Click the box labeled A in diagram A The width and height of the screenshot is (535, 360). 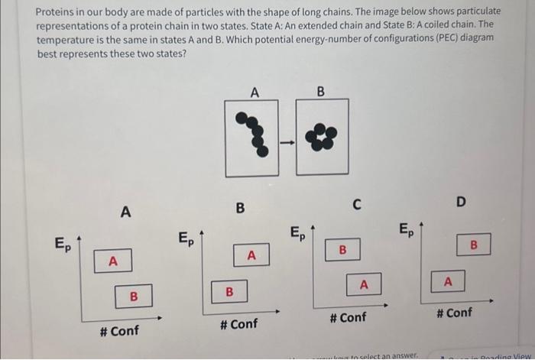[113, 261]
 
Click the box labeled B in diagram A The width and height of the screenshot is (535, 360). [133, 295]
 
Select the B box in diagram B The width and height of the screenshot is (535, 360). [229, 292]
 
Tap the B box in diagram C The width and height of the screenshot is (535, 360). [342, 250]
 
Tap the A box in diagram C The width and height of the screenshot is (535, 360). [364, 284]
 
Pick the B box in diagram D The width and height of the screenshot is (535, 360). [472, 245]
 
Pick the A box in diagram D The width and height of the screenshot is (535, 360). [449, 282]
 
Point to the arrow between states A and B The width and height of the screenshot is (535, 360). [286, 141]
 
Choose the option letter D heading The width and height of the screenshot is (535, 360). [460, 201]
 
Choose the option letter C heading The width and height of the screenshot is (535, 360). [356, 203]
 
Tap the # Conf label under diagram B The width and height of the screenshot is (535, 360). [238, 324]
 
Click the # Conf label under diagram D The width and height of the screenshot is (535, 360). [454, 312]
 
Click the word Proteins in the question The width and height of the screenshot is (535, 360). [60, 11]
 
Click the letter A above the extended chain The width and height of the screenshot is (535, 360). [255, 92]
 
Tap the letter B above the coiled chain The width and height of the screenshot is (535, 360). [320, 92]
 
